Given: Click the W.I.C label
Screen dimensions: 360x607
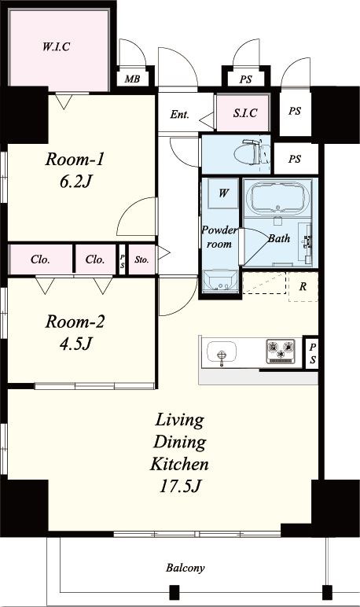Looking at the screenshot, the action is coord(56,47).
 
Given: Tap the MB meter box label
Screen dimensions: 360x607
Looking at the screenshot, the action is coord(132,79).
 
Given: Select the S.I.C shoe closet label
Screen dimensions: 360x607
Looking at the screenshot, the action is coord(245,113).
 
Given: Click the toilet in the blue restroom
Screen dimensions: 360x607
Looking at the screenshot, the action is coord(252,153).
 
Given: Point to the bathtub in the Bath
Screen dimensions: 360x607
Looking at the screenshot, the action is coord(278,197).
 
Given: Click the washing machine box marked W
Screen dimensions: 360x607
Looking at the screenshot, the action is coord(223,193).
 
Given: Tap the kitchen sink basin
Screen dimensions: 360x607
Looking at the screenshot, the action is coord(222,352).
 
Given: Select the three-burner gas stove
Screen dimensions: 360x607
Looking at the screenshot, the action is coord(281,352).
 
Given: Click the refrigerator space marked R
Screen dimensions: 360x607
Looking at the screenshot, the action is coord(303,287).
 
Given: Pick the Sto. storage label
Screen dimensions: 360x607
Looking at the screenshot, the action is coord(141,259).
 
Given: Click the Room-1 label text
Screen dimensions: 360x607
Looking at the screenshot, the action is coord(75,160).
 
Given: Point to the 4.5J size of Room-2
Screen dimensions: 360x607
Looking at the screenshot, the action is coord(76,344).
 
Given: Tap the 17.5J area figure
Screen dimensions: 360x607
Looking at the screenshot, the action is coord(180,486).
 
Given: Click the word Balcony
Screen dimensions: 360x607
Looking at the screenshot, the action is coord(185,568).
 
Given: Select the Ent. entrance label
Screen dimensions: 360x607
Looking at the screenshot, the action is coord(180,115).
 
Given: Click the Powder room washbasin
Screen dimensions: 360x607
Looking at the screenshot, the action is coord(220,281).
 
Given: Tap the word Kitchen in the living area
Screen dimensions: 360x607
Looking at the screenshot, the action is coord(179,464).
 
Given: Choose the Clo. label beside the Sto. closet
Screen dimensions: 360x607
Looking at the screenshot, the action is coord(95,259).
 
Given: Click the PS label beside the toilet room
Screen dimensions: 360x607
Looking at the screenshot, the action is coord(295,159).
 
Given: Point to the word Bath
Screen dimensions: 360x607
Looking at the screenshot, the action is coord(279,238).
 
